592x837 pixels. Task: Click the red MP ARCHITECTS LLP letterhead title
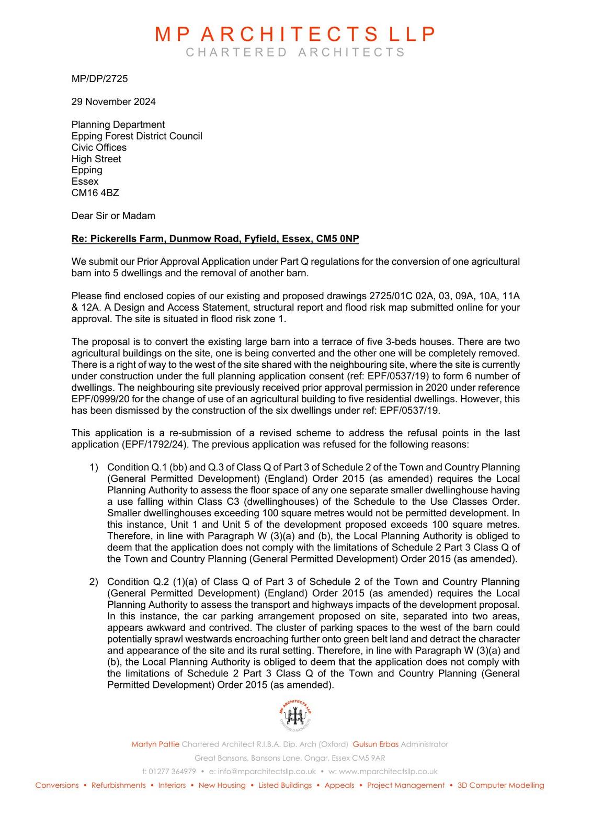tap(295, 34)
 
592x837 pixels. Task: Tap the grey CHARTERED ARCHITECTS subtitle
tap(295, 52)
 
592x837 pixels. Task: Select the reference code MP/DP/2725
tap(99, 79)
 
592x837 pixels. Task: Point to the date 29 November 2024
tap(113, 101)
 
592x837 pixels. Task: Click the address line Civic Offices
tap(99, 148)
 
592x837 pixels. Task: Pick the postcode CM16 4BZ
tap(95, 193)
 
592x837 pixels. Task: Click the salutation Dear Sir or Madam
tap(113, 216)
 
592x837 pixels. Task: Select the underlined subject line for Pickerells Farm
tap(215, 239)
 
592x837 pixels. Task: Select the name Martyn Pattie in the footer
tap(155, 744)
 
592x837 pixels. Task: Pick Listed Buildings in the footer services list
tap(285, 785)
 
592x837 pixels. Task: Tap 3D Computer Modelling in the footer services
tap(500, 785)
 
